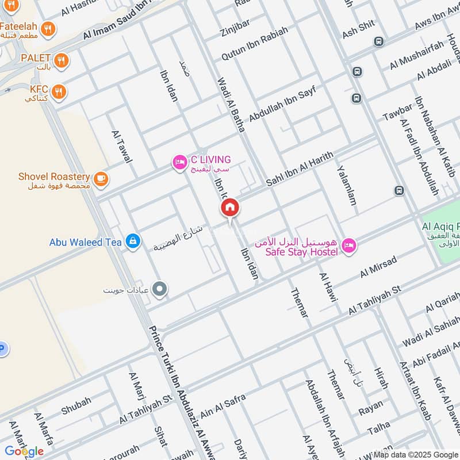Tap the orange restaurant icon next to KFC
click(x=58, y=91)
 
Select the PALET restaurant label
click(x=35, y=59)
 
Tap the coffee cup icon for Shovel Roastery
click(x=101, y=179)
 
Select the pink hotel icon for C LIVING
click(x=179, y=163)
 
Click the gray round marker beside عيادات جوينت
click(x=160, y=290)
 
